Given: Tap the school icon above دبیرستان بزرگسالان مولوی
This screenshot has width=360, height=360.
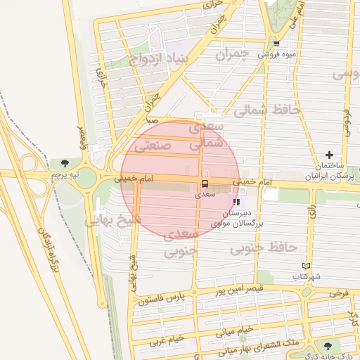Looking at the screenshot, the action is [x=236, y=202].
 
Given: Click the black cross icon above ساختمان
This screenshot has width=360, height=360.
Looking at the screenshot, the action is [x=329, y=155].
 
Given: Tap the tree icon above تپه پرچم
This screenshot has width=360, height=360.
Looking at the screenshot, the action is [x=66, y=163].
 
